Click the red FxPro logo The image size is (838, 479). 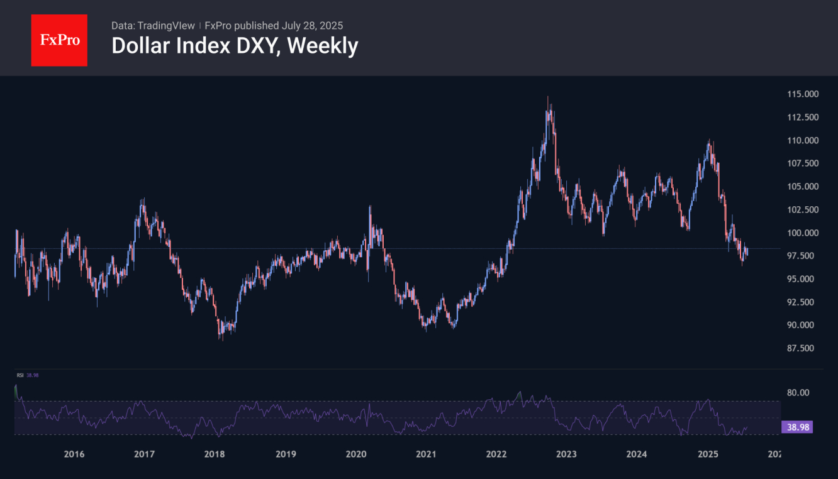(59, 40)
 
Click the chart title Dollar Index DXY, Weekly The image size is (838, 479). (235, 45)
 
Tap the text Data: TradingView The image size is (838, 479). (153, 26)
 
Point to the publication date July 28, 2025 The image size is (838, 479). (312, 26)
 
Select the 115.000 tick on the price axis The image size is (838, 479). (802, 94)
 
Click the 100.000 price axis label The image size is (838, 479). (802, 233)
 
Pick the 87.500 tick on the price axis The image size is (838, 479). (802, 348)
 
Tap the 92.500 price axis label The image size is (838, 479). (802, 302)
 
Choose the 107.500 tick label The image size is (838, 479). (802, 163)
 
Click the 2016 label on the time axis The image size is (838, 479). (74, 454)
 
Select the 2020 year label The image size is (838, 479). (356, 454)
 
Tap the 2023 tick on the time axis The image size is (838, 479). (567, 454)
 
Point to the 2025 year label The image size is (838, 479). (708, 454)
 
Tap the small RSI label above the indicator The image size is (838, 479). (20, 375)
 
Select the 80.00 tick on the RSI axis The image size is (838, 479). (797, 392)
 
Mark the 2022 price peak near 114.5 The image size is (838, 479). (548, 98)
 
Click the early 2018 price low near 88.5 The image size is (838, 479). (221, 338)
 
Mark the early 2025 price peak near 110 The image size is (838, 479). (709, 141)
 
